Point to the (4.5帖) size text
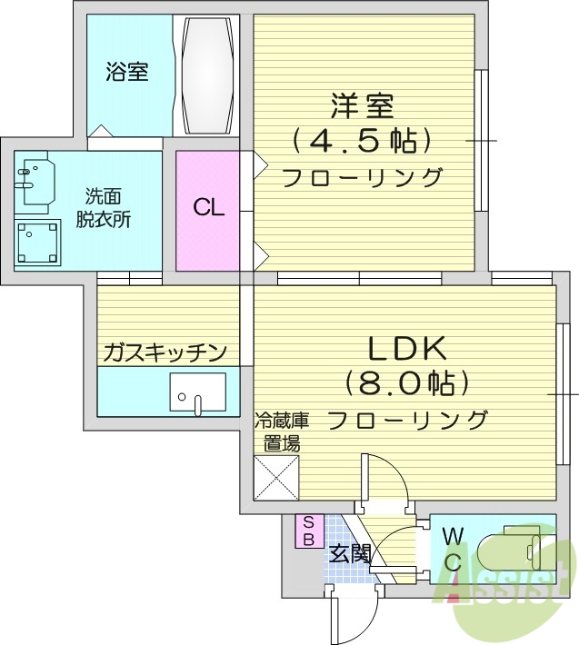(361, 141)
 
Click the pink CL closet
(208, 208)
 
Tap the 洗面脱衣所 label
(108, 208)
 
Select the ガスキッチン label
(165, 352)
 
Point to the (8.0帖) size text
(405, 382)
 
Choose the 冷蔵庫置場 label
(282, 432)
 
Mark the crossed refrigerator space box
(276, 474)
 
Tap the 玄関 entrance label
(348, 552)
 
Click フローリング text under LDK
(406, 419)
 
